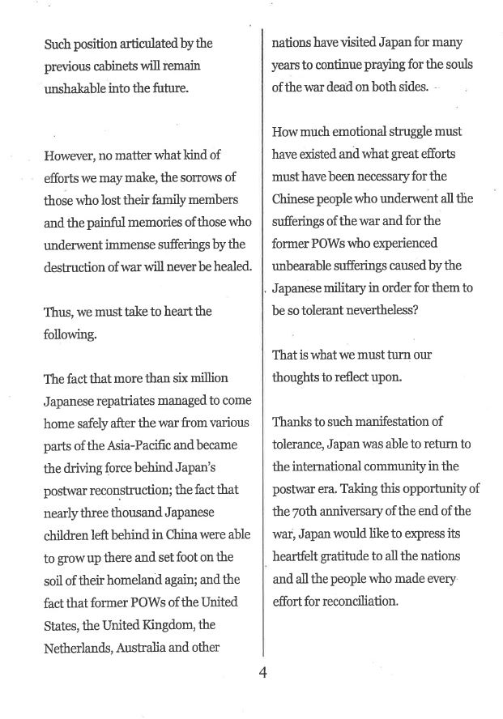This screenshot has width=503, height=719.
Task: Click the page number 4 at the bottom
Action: tap(263, 672)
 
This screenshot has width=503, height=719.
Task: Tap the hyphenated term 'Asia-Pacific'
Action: tap(137, 445)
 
